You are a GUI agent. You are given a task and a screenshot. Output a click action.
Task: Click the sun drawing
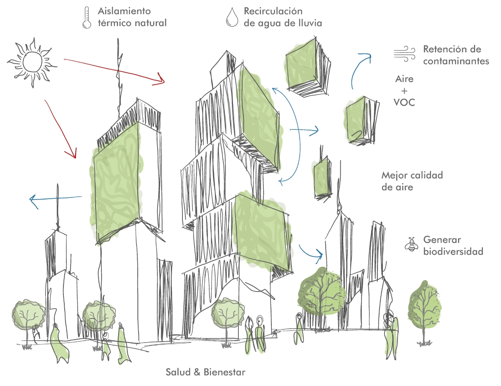[32, 62]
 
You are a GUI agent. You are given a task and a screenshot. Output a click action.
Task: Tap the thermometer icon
[87, 18]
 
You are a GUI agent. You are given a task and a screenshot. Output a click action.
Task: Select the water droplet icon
[232, 17]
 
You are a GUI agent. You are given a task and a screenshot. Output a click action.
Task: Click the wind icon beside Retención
[405, 54]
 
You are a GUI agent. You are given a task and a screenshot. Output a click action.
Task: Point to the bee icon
[411, 244]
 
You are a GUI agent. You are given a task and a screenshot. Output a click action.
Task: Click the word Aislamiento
[124, 11]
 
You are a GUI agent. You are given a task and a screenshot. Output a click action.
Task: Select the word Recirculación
[273, 11]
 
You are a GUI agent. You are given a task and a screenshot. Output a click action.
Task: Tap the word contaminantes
[456, 61]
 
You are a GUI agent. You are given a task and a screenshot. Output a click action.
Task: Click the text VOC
[405, 102]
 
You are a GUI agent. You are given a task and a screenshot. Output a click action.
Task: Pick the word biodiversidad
[453, 251]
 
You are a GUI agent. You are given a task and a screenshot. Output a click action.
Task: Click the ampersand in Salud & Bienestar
[197, 372]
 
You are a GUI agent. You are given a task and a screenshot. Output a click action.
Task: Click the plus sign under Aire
[404, 91]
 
